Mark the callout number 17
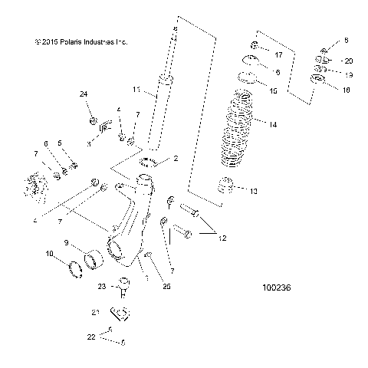[278, 54]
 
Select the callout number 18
[347, 90]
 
